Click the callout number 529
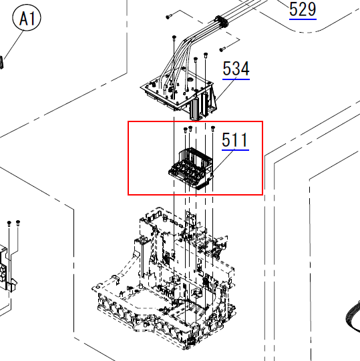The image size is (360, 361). (x=303, y=9)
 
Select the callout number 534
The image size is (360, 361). (x=236, y=69)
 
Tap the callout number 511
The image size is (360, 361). (x=235, y=139)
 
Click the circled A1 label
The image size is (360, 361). (x=27, y=18)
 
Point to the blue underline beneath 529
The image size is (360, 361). (x=303, y=19)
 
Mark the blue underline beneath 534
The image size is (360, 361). (x=236, y=79)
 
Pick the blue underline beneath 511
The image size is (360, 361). (x=235, y=150)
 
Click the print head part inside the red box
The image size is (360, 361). (x=191, y=168)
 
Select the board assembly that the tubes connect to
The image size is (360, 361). (x=179, y=94)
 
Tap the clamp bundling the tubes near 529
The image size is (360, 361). (x=221, y=21)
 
